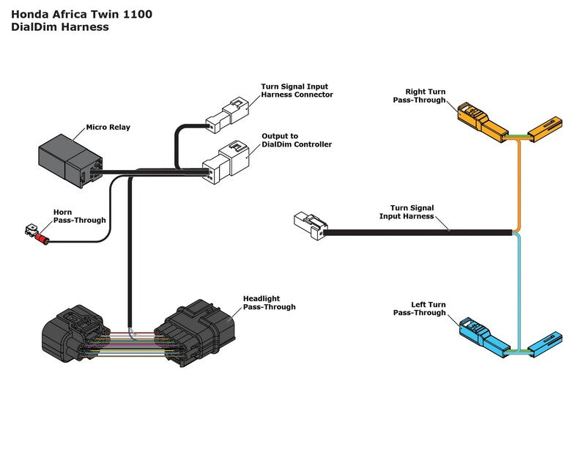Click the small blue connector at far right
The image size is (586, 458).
tap(546, 340)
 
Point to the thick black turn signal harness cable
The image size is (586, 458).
tap(418, 232)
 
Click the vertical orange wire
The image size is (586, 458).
tap(519, 183)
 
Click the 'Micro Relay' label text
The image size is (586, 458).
tap(108, 128)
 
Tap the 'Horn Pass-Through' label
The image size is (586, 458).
tap(79, 216)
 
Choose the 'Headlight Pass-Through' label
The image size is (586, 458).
tap(269, 303)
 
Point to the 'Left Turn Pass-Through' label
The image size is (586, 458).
tap(419, 309)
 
